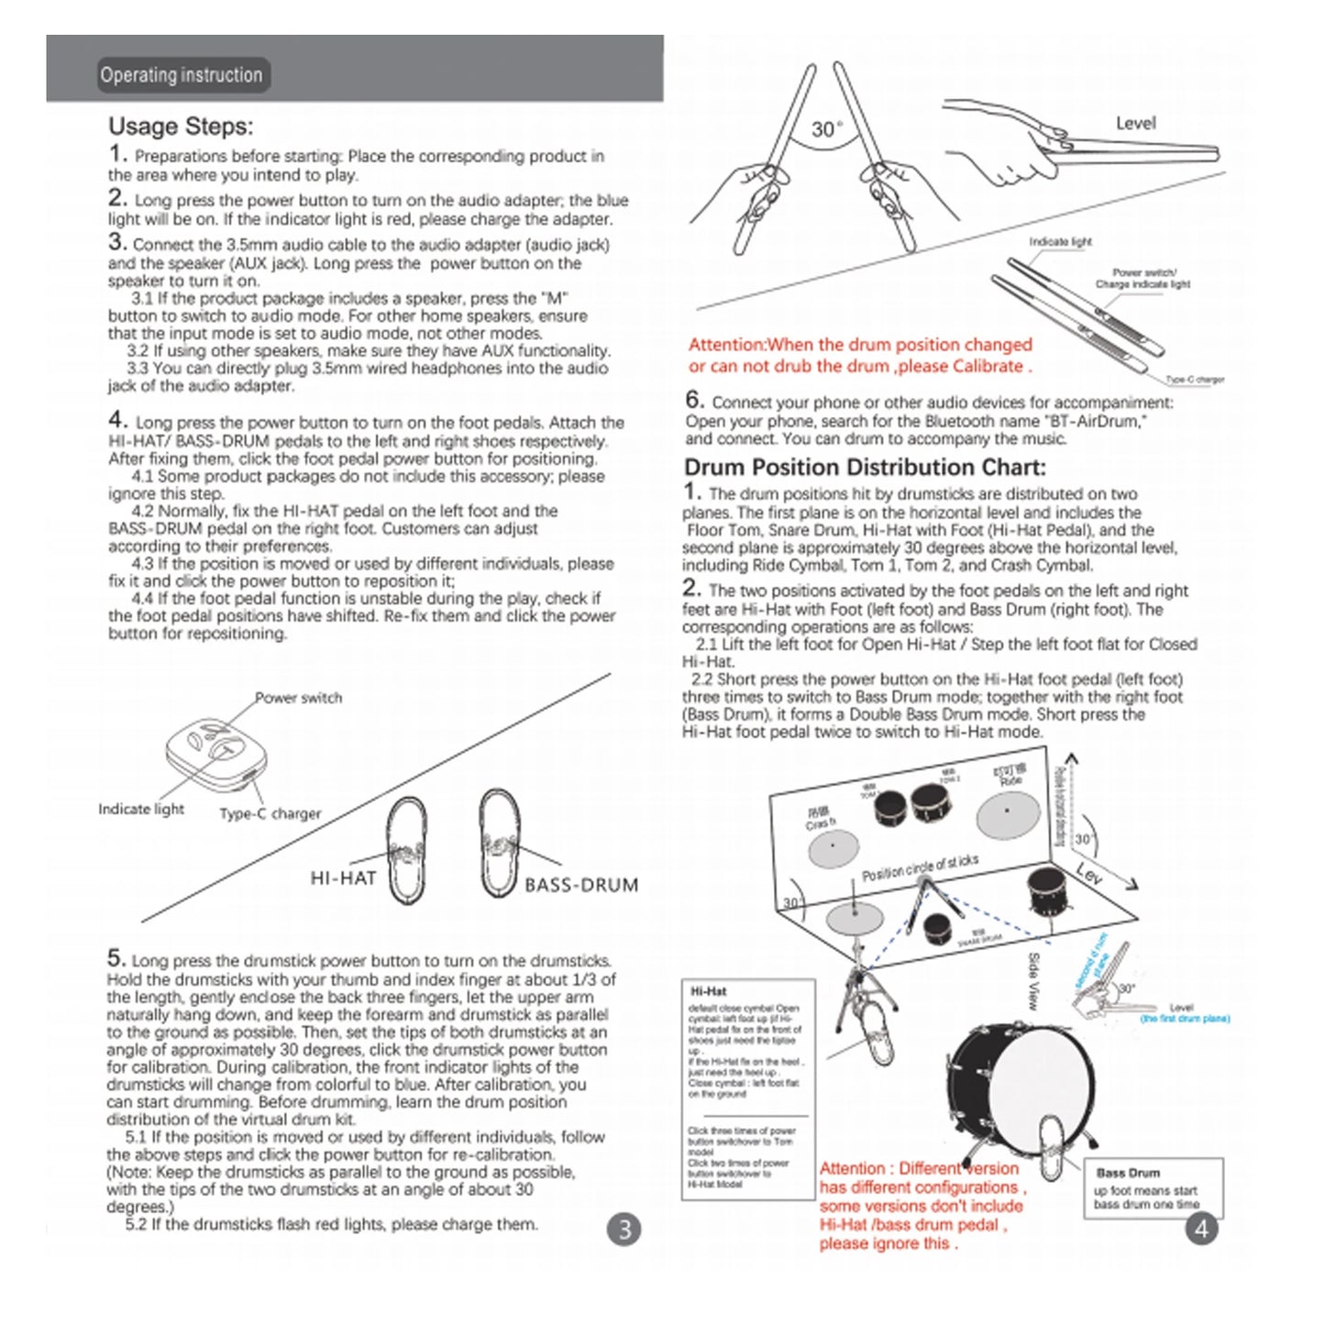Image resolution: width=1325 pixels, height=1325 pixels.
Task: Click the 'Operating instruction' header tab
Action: (x=181, y=75)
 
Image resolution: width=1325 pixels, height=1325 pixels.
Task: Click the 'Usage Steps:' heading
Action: (x=181, y=127)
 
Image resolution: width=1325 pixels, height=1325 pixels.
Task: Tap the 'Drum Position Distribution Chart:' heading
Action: (x=864, y=468)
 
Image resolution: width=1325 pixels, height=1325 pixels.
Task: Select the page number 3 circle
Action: (x=624, y=1229)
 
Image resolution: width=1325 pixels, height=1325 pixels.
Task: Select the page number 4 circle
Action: (x=1201, y=1229)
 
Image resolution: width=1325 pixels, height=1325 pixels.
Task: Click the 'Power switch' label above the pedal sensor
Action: (x=298, y=698)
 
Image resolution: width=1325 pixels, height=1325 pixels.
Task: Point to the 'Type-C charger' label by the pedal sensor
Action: (x=270, y=813)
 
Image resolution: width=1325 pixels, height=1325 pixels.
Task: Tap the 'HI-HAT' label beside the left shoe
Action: (x=343, y=878)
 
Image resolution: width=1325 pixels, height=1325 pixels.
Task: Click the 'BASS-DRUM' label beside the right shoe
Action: (x=581, y=885)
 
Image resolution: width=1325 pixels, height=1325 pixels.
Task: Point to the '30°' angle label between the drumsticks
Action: (x=826, y=129)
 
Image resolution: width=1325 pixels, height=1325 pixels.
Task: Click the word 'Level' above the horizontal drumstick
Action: (x=1135, y=123)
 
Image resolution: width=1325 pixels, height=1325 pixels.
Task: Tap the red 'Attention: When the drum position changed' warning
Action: (x=860, y=356)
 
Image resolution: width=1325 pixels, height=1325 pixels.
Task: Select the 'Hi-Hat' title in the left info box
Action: (x=709, y=991)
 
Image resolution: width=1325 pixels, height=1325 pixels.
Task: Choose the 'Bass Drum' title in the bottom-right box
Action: (x=1127, y=1173)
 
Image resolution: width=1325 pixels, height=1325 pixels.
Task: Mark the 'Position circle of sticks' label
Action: (x=920, y=867)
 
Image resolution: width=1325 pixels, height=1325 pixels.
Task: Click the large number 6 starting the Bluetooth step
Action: (x=694, y=400)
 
